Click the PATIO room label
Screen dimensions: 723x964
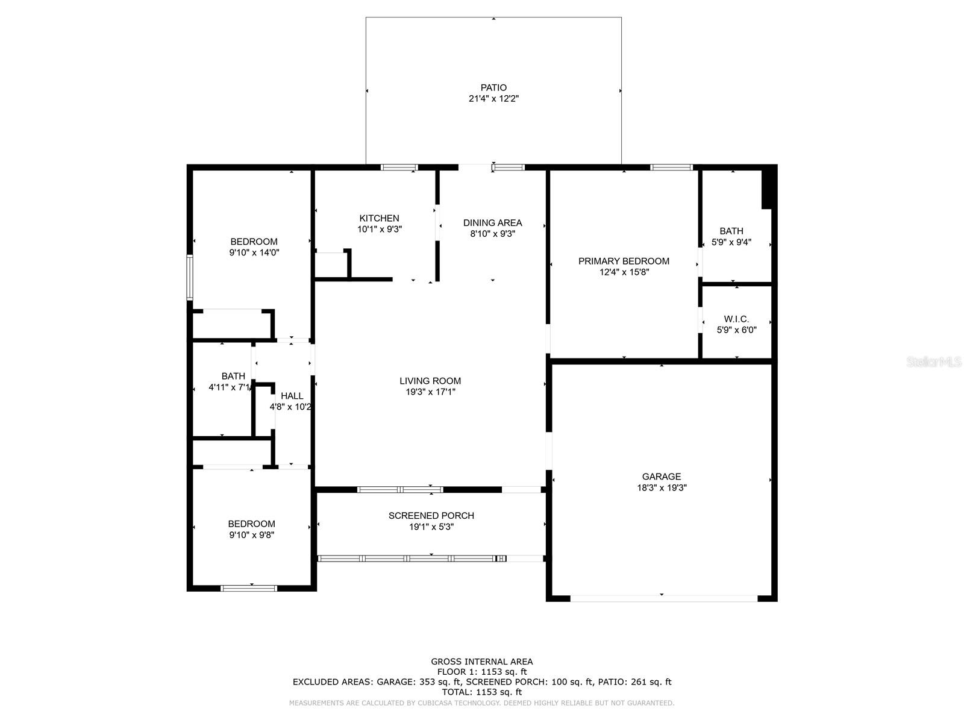coord(493,87)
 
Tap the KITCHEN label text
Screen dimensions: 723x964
coord(379,218)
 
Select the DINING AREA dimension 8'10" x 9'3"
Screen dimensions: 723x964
coord(492,234)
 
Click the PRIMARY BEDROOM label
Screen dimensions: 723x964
coord(624,261)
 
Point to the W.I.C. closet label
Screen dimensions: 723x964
coord(736,319)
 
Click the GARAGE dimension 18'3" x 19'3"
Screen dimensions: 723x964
coord(662,487)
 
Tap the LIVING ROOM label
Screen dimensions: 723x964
coord(430,381)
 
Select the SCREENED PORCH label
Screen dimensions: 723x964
coord(431,516)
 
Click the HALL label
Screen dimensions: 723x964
coord(292,396)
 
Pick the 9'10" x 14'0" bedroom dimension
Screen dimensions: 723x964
coord(254,252)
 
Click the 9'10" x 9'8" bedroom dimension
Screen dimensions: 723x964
coord(251,534)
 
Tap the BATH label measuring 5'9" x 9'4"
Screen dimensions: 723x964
coord(731,231)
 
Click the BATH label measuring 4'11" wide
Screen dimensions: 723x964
coord(233,376)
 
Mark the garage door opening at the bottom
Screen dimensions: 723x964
coord(663,598)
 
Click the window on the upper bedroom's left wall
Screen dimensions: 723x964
coord(189,277)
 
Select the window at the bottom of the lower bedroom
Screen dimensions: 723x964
coord(249,588)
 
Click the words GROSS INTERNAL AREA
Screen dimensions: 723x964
coord(481,662)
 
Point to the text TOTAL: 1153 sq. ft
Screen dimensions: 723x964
coord(481,692)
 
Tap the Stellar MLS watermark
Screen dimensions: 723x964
coord(933,362)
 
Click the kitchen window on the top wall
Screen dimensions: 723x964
coord(399,167)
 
